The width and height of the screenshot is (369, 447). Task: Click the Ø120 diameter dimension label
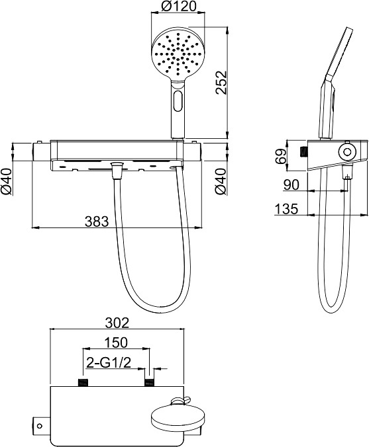[x=178, y=6]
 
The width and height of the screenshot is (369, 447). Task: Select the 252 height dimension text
[x=221, y=82]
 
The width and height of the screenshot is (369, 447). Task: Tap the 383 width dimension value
[x=97, y=222]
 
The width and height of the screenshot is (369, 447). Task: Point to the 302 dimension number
[x=117, y=323]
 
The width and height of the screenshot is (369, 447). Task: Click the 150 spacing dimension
[x=115, y=342]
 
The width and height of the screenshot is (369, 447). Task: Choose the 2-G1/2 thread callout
[x=108, y=362]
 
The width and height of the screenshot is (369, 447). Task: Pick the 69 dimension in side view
[x=281, y=155]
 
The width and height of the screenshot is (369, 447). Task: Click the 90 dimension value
[x=291, y=184]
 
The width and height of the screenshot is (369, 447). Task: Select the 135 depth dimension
[x=286, y=208]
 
